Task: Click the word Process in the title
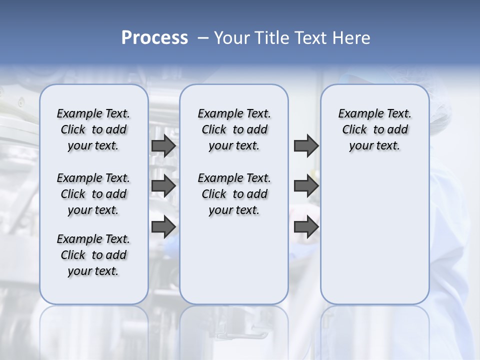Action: tap(154, 38)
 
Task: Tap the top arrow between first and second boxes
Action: tap(163, 145)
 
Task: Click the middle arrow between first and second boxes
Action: tap(163, 186)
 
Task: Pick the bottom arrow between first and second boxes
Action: tap(163, 227)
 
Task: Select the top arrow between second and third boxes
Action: tap(306, 145)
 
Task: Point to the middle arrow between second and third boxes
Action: tap(306, 186)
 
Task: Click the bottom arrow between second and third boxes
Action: tap(306, 227)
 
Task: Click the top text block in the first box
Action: tap(93, 129)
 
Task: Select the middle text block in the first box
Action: tap(93, 194)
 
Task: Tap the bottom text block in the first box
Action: tap(93, 255)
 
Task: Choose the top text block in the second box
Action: tap(234, 129)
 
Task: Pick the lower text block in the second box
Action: tap(234, 194)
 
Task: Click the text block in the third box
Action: tap(375, 129)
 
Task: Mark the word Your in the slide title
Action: tap(231, 38)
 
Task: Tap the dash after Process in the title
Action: tap(203, 38)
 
